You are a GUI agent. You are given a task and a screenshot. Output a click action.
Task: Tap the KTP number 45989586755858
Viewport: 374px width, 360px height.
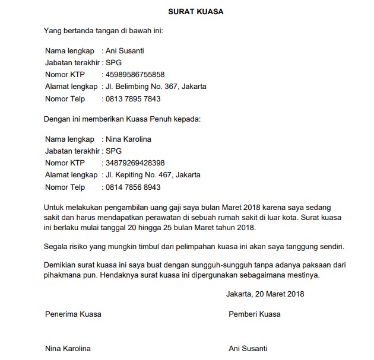point(135,75)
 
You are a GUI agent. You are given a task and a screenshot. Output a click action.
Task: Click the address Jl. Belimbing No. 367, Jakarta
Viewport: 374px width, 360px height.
point(156,87)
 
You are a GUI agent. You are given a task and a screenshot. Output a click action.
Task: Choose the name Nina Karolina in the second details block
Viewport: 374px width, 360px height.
point(128,139)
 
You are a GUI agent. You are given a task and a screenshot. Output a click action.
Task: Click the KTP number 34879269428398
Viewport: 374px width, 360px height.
point(135,163)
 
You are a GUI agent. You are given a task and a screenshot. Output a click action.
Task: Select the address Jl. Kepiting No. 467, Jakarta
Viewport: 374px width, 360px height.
point(153,175)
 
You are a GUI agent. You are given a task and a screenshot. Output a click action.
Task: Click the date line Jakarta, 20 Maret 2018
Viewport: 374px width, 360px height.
point(265,294)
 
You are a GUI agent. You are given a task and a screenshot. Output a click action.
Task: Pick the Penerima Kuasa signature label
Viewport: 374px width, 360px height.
point(73,314)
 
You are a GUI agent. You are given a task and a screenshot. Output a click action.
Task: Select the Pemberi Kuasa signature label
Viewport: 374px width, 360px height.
point(255,314)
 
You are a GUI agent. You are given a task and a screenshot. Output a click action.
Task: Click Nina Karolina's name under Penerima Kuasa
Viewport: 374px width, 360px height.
point(68,349)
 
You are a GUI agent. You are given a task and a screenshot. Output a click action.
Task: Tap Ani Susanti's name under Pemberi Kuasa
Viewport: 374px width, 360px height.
point(248,349)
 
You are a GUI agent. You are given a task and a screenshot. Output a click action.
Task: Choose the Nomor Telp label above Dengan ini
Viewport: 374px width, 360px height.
point(65,99)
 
